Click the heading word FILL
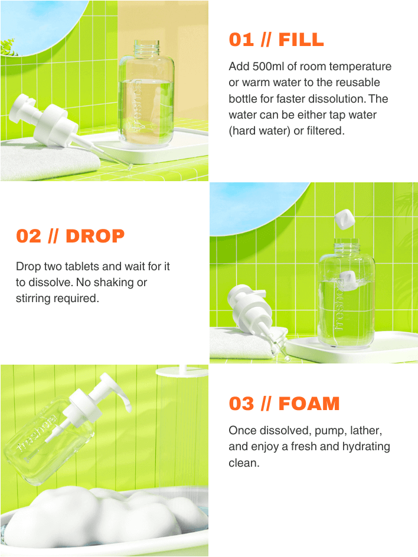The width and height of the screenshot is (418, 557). coord(301,40)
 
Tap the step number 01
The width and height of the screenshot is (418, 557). coord(241,40)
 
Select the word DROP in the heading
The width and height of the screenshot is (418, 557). coord(95,236)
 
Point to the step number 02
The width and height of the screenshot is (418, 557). coord(29,236)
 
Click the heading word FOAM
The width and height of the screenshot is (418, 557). coord(309,404)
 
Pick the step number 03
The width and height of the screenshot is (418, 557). coord(241,404)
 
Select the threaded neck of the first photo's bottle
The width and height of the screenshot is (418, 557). coord(148,46)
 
